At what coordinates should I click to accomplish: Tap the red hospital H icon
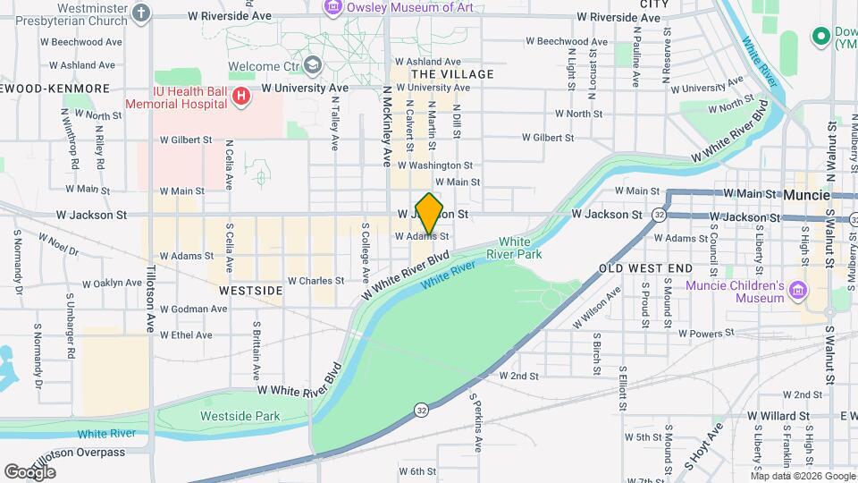coord(240,97)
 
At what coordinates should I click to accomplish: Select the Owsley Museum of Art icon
coord(333,7)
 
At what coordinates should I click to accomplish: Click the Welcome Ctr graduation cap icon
coord(312,65)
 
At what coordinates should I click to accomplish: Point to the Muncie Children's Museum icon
coord(798,291)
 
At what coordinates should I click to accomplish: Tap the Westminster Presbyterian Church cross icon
coord(141,13)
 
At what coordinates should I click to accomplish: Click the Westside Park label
coord(240,416)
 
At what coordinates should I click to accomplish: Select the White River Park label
coord(514,248)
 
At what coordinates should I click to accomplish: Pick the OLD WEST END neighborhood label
coord(645,268)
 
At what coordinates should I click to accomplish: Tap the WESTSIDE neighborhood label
coord(251,291)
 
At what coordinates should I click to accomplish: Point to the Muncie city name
coord(808,194)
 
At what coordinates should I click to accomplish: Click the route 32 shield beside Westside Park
coord(419,410)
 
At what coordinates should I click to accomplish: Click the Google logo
coord(29,471)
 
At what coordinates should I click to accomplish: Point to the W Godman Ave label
coord(194,309)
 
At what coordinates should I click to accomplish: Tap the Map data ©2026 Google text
coord(803,475)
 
